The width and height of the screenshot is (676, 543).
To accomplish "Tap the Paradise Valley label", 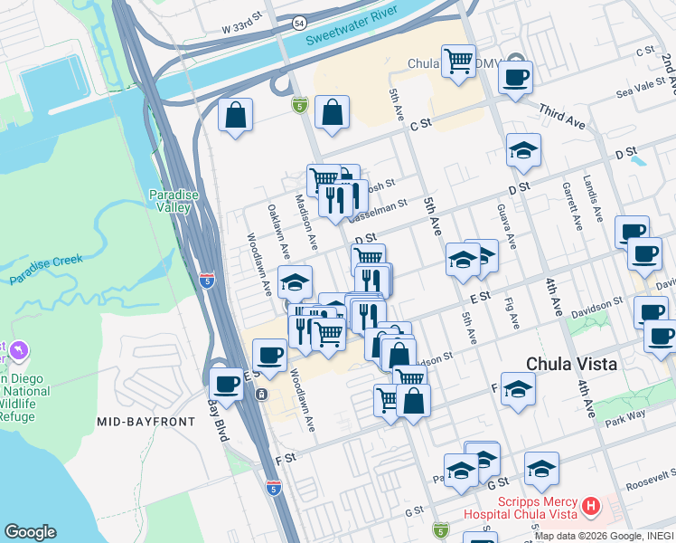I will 171,200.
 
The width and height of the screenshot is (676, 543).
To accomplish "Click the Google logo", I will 30,532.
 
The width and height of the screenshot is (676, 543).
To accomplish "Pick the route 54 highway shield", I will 300,21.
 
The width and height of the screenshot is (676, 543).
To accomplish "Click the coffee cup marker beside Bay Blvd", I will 226,384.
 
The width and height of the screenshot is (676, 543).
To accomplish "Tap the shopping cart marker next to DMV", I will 458,62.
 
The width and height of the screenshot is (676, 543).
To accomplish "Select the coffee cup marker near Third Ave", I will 515,77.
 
